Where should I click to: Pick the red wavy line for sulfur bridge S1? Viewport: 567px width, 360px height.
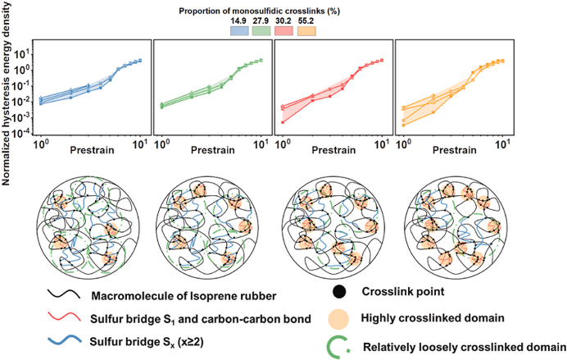tap(57, 317)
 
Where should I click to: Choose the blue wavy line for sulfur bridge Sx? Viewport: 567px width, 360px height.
tap(57, 342)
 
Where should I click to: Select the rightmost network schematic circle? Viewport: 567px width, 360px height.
tap(452, 226)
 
